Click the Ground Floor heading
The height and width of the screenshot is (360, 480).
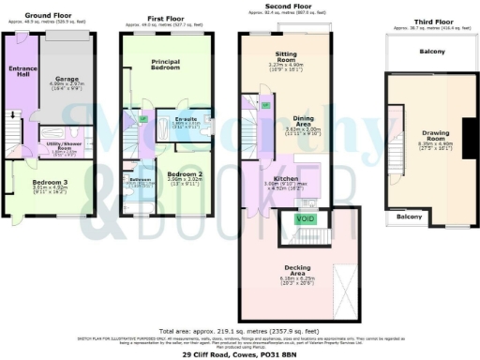[x=49, y=16]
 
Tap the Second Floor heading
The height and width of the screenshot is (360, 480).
[x=289, y=7]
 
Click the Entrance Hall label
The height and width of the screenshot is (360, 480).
[x=22, y=71]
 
